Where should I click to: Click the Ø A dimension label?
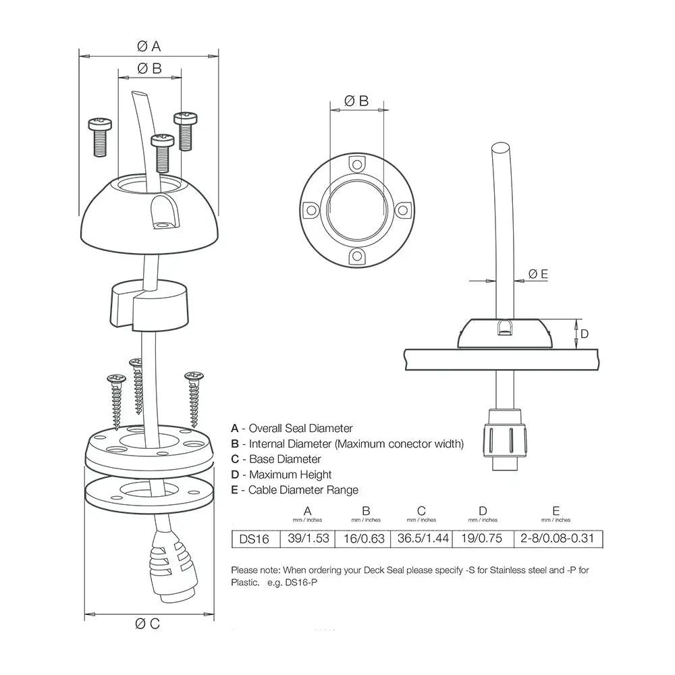[148, 46]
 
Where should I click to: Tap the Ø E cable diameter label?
[538, 273]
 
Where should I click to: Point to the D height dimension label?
[585, 333]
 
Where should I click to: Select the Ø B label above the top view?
[356, 101]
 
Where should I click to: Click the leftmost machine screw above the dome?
[99, 136]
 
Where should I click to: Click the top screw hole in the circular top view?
[356, 164]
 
